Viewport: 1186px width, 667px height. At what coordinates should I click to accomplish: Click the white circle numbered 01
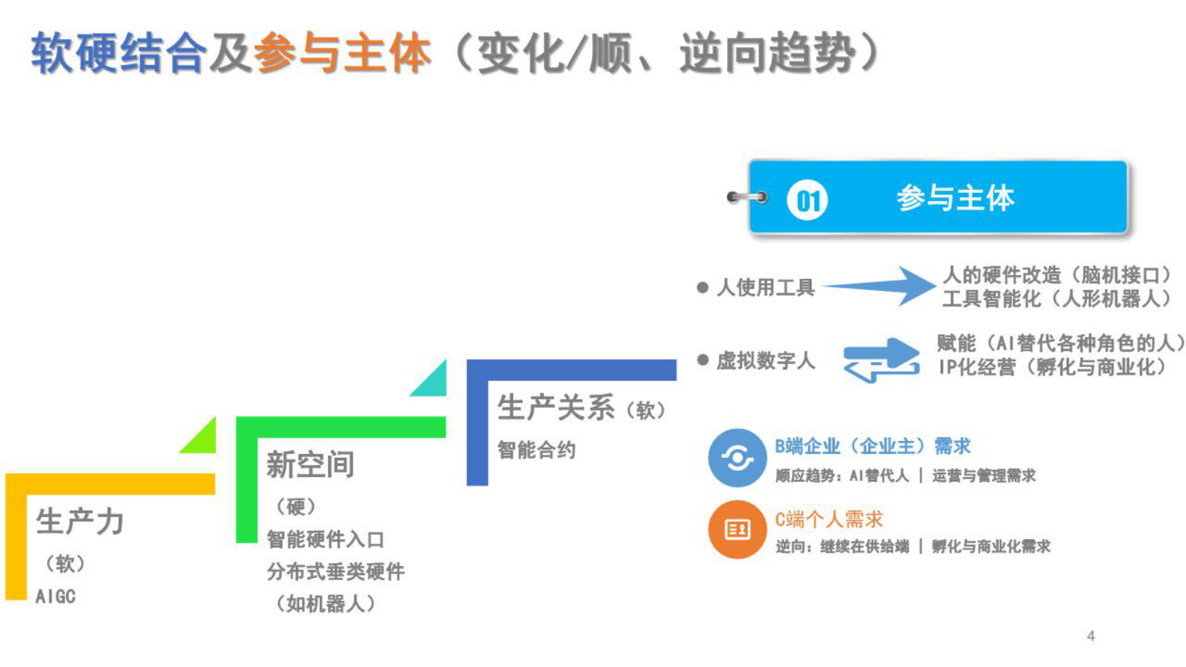[807, 200]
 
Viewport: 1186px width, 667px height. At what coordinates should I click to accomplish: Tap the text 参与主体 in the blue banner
[955, 198]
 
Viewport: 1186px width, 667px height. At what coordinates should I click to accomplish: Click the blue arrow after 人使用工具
[882, 286]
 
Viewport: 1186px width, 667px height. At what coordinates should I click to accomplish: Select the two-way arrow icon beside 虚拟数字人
[881, 360]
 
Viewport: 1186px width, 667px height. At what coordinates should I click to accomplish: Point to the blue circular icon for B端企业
[737, 458]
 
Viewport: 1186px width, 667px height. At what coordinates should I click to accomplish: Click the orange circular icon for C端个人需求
[737, 529]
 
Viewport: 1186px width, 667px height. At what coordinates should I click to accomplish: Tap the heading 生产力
[80, 521]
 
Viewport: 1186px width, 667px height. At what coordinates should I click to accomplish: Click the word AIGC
[55, 596]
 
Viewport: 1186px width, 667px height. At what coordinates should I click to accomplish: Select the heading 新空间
[310, 464]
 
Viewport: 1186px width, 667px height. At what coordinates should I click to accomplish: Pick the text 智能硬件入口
[326, 538]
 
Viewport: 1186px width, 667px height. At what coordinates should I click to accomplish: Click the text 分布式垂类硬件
[336, 571]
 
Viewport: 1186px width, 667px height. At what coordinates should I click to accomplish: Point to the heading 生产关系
[556, 408]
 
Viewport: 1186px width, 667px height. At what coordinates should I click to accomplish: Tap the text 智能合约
[536, 449]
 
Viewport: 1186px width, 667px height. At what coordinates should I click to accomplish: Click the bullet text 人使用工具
[765, 287]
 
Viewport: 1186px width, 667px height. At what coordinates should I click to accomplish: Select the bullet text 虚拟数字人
[765, 360]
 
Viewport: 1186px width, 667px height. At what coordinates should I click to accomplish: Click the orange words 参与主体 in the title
[342, 53]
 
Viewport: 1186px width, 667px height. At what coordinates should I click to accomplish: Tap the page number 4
[1090, 636]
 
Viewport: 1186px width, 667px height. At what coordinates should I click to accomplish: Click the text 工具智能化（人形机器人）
[1056, 299]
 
